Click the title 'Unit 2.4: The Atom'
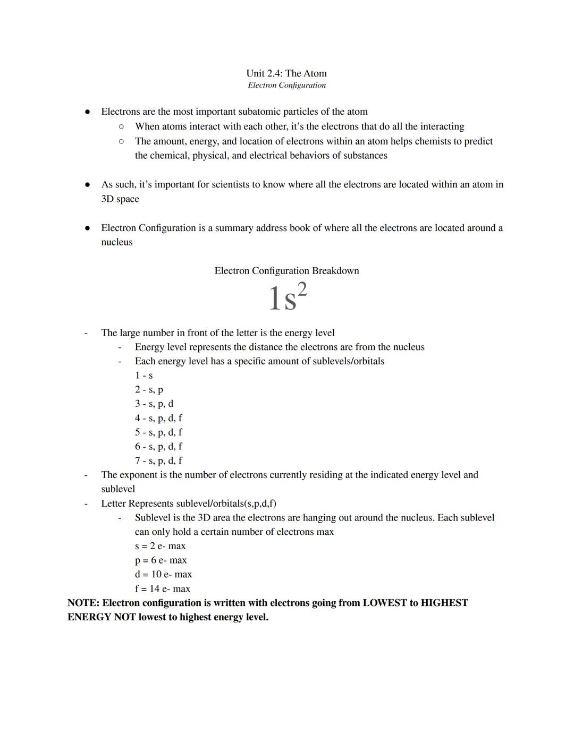pos(286,73)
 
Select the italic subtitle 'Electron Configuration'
pos(286,85)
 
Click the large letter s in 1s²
pos(290,301)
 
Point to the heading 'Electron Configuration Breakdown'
pos(286,271)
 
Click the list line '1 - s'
pos(143,376)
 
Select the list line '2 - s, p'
pos(149,390)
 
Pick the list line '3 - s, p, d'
pos(154,404)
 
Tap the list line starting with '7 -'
pos(158,460)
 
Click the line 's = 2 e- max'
pos(160,546)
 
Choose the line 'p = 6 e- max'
pos(161,560)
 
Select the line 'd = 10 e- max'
pos(163,574)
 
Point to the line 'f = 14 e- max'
pos(162,589)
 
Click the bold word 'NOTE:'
pos(83,603)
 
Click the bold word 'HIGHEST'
pos(444,603)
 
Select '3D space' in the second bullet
pos(120,199)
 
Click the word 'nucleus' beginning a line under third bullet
pos(117,242)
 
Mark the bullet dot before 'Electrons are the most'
pos(88,112)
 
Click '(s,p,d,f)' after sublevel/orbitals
pos(258,504)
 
